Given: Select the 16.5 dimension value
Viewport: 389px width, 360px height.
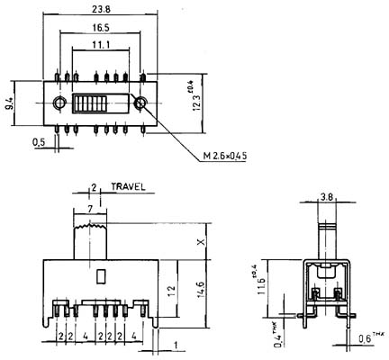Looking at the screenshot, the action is coord(101,28).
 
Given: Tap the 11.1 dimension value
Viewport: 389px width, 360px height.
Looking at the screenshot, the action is coord(101,45).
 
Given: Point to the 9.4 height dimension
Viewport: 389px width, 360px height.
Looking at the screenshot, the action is coord(10,103).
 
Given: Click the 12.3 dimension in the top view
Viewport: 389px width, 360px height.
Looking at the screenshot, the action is coord(197,99).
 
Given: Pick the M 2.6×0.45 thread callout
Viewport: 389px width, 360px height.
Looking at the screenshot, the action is coord(225,156).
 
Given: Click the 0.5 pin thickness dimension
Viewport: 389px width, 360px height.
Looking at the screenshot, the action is coord(39,142).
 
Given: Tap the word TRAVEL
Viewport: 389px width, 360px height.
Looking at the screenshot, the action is coord(128,187).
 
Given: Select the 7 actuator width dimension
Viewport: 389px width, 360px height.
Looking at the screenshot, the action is coord(90,210).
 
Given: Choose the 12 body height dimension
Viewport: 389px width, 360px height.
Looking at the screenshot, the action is coord(171,292).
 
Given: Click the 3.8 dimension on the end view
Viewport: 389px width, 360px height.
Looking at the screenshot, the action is coord(327,197).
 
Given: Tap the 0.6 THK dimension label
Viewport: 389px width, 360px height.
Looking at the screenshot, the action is coord(371,337).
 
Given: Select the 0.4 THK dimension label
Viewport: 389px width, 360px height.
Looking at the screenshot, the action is coord(277,335).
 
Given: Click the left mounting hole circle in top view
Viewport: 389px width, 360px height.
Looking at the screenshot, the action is coord(59,103).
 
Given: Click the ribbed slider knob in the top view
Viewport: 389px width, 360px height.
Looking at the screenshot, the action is coord(89,103).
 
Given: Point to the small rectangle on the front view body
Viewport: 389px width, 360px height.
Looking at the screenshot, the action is coord(101,276).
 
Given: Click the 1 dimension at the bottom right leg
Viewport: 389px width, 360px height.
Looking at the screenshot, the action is coord(176,346).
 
